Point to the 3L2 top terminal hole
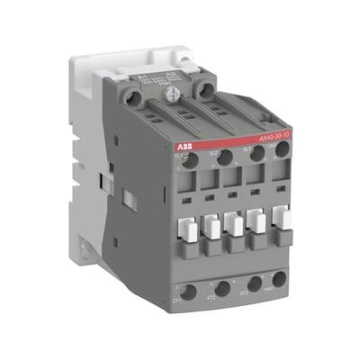click(x=225, y=158)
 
